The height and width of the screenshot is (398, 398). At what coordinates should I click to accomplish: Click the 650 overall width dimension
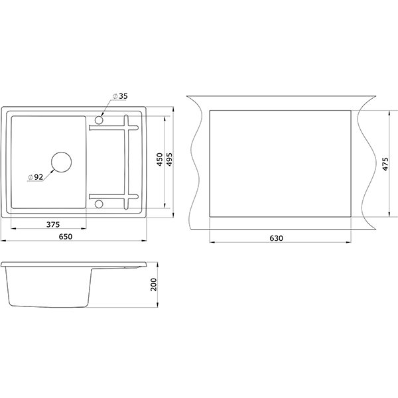click(x=66, y=237)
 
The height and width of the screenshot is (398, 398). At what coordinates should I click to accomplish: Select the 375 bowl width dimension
click(x=53, y=225)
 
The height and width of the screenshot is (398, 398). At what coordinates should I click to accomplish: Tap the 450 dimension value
click(x=160, y=159)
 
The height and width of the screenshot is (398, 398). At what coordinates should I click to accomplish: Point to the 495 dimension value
click(x=169, y=159)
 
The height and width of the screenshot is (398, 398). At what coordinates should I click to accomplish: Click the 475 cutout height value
click(x=385, y=164)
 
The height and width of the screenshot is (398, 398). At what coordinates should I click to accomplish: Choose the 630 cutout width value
click(x=276, y=238)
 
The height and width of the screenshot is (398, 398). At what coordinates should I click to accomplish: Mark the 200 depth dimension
click(x=154, y=285)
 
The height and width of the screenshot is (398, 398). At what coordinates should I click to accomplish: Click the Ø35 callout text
click(x=120, y=96)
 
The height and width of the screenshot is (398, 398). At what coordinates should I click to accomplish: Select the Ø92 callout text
click(x=36, y=177)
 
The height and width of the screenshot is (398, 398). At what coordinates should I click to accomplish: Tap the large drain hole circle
click(x=61, y=153)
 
